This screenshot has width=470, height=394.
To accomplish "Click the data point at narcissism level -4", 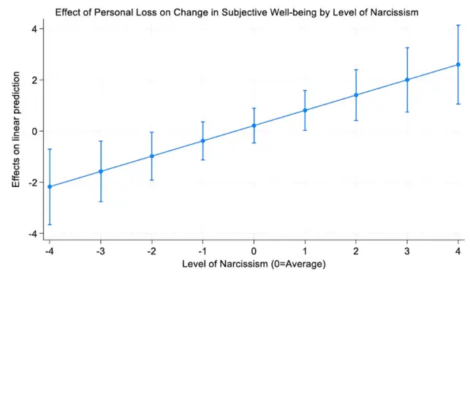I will pyautogui.click(x=50, y=186).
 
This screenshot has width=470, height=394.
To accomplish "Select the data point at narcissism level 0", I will pyautogui.click(x=254, y=126).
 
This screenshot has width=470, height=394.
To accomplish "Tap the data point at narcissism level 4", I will pyautogui.click(x=458, y=64).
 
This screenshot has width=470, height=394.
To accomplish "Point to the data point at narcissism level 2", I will pyautogui.click(x=356, y=95).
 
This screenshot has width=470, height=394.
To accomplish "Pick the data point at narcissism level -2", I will pyautogui.click(x=152, y=156).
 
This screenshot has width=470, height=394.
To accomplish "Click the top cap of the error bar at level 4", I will pyautogui.click(x=458, y=26).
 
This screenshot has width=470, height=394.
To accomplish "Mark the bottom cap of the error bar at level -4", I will pyautogui.click(x=50, y=224).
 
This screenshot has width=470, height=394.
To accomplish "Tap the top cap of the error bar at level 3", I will pyautogui.click(x=407, y=48).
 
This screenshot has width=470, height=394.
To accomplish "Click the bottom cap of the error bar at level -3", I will pyautogui.click(x=101, y=202).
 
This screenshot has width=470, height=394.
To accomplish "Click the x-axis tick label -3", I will pyautogui.click(x=100, y=251).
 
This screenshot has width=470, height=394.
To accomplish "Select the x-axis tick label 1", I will pyautogui.click(x=305, y=251).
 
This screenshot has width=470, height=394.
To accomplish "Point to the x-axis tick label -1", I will pyautogui.click(x=202, y=251).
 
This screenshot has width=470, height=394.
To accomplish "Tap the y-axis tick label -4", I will pyautogui.click(x=31, y=233).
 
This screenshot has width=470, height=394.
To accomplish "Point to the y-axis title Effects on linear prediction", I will pyautogui.click(x=15, y=132).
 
